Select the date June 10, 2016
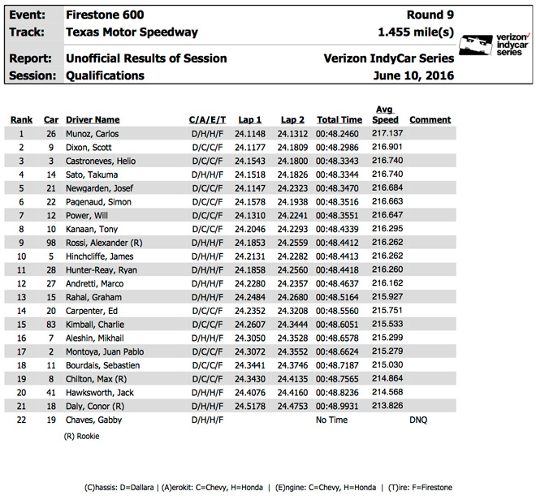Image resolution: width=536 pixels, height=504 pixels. pos(415,75)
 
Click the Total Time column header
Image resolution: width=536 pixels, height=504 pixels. pos(339,120)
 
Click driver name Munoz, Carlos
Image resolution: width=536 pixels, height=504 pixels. pos(92,133)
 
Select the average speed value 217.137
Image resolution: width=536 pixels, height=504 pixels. pos(387,133)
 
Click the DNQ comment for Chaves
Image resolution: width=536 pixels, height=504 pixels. pos(417,420)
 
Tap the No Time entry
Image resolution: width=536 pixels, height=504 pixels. pos(331,420)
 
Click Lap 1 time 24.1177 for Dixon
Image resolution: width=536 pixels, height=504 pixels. pos(249,147)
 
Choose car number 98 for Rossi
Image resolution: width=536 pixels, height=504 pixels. pos(50,242)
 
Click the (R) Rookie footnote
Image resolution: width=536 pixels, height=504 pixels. pos(83,436)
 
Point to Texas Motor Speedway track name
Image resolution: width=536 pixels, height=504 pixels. pos(132,32)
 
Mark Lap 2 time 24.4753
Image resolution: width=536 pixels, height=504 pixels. pos(292,406)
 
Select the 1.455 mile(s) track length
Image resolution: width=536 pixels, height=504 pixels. pos(416,32)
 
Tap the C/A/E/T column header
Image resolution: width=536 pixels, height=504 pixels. pos(207,120)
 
